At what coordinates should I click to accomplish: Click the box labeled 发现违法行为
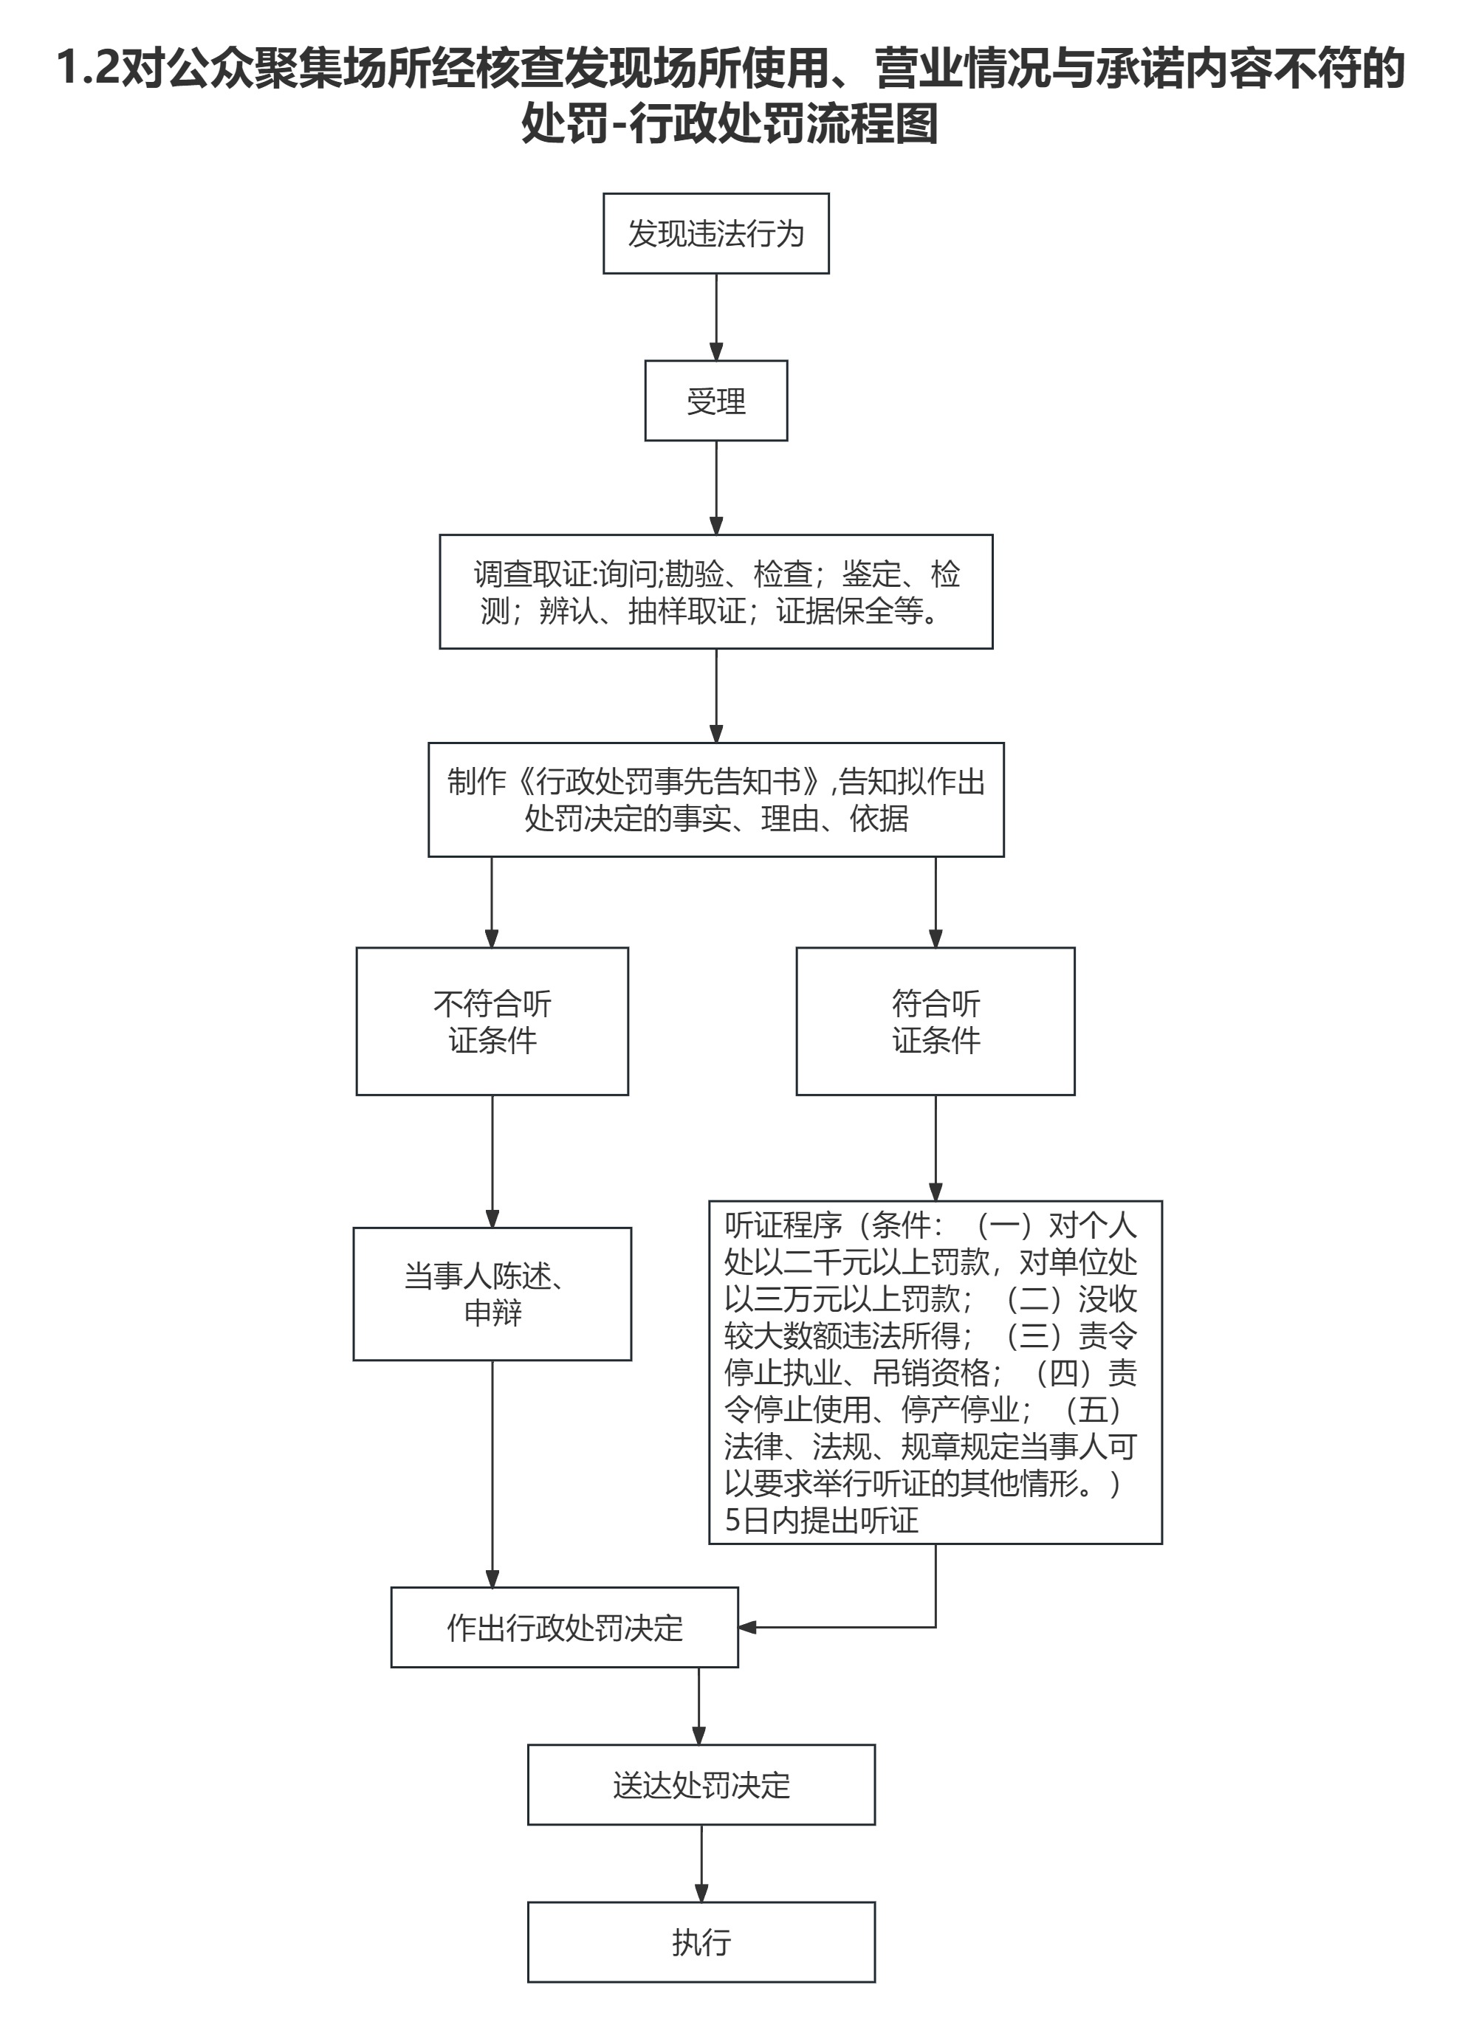click(715, 233)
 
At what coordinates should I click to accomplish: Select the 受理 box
click(715, 401)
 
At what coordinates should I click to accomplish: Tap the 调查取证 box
click(715, 592)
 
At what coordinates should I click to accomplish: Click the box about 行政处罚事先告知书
click(715, 799)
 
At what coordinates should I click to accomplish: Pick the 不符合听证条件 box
click(492, 1021)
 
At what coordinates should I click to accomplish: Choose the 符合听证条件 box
click(935, 1021)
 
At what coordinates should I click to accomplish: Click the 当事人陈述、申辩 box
click(492, 1294)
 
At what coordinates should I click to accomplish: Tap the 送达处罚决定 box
click(701, 1785)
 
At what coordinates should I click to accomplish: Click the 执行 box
click(701, 1941)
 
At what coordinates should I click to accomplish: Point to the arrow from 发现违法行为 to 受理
click(715, 316)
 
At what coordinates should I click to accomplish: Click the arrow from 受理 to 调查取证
click(715, 487)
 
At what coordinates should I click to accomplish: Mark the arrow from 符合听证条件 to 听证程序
click(935, 1147)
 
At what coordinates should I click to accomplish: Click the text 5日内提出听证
click(821, 1521)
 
